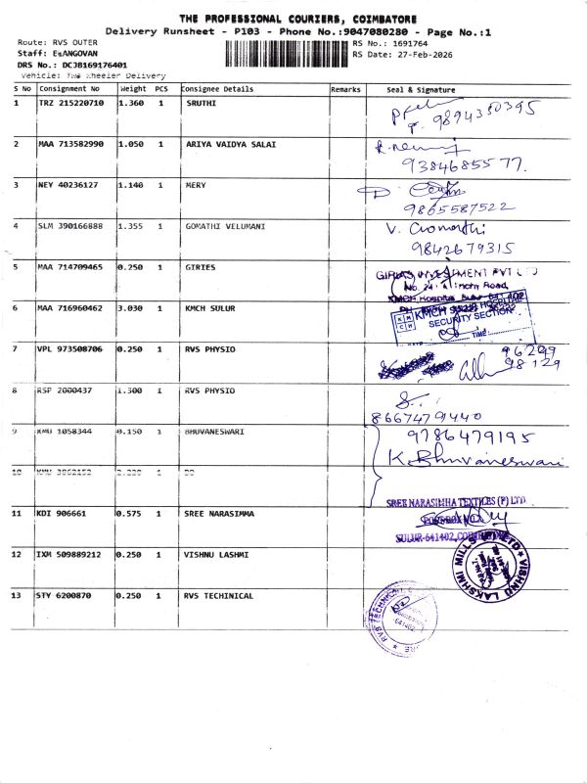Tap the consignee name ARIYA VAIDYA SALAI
click(x=231, y=144)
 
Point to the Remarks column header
click(x=345, y=89)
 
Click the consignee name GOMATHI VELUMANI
click(x=227, y=226)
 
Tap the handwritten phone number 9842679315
click(x=457, y=249)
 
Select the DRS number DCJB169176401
click(x=71, y=66)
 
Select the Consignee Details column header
click(x=217, y=89)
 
